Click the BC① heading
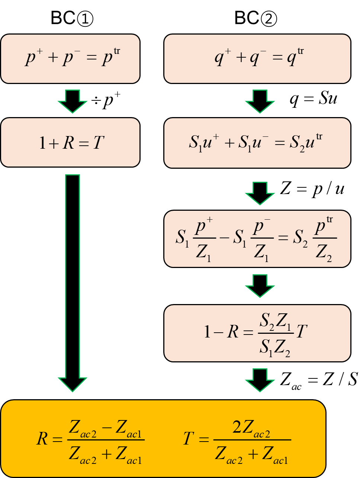tap(72, 18)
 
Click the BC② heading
tap(255, 18)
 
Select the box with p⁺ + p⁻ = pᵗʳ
tap(70, 59)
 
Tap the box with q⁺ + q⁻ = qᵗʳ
tap(257, 59)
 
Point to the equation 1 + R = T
tap(72, 143)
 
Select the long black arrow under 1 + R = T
tap(73, 283)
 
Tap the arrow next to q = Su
tap(260, 101)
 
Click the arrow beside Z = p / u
tap(260, 193)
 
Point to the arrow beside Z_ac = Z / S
tap(260, 380)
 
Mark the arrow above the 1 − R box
tap(260, 286)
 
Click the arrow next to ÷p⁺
tap(73, 101)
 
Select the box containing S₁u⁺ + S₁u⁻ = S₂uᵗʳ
tap(257, 143)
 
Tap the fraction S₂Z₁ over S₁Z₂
tap(276, 333)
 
